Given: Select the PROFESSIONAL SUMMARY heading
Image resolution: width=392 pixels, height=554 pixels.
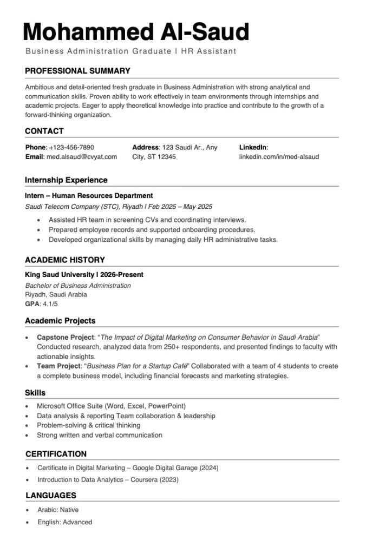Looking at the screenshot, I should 77,71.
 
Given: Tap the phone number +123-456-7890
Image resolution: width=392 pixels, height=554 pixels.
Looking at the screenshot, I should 71,147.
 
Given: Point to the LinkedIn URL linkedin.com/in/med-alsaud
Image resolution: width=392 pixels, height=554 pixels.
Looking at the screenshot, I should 279,157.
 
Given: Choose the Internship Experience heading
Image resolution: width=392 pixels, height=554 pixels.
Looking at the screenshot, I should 66,180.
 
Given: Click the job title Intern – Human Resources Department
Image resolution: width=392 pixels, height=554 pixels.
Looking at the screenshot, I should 89,196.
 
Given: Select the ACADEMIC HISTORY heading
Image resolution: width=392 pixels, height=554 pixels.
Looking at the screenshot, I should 65,260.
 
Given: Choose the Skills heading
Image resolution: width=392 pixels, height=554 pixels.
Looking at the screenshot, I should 35,393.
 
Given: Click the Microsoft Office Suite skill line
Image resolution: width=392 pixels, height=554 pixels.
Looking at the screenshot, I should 111,406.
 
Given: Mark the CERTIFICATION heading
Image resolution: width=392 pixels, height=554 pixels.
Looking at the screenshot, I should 56,454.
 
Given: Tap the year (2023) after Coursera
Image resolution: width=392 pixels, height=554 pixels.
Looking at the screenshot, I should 169,479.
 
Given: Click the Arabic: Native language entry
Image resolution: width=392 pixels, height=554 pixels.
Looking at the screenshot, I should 58,510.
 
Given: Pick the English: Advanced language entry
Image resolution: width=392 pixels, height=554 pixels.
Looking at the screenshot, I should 64,522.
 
